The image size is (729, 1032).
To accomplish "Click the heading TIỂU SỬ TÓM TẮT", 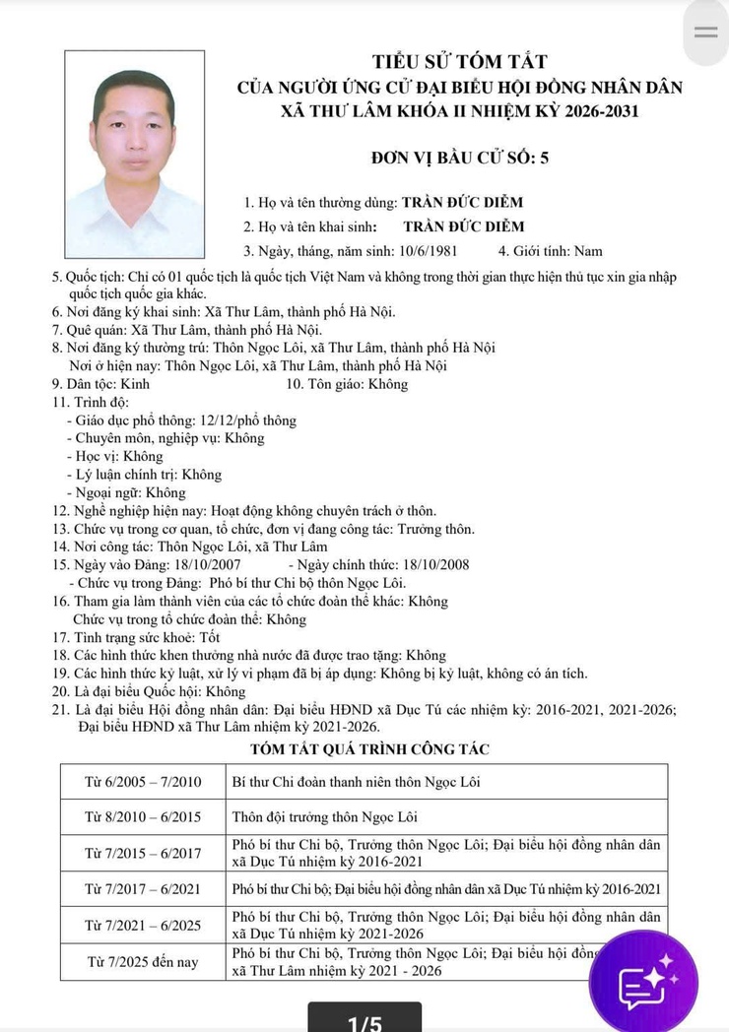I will click(459, 62).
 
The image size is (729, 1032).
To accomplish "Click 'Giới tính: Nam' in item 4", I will click(551, 251).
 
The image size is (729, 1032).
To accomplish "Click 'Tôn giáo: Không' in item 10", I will click(346, 384).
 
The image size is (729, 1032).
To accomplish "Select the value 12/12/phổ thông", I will click(246, 420).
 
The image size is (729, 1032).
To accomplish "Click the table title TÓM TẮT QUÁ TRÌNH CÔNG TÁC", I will click(364, 750).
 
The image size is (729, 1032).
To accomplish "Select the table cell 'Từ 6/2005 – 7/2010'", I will click(143, 782).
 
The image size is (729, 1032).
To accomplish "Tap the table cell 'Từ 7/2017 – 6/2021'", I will click(143, 888).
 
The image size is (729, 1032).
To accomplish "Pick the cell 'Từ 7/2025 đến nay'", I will click(143, 960).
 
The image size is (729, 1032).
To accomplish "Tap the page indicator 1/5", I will click(364, 1022).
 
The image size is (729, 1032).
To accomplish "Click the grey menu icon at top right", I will click(706, 32).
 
